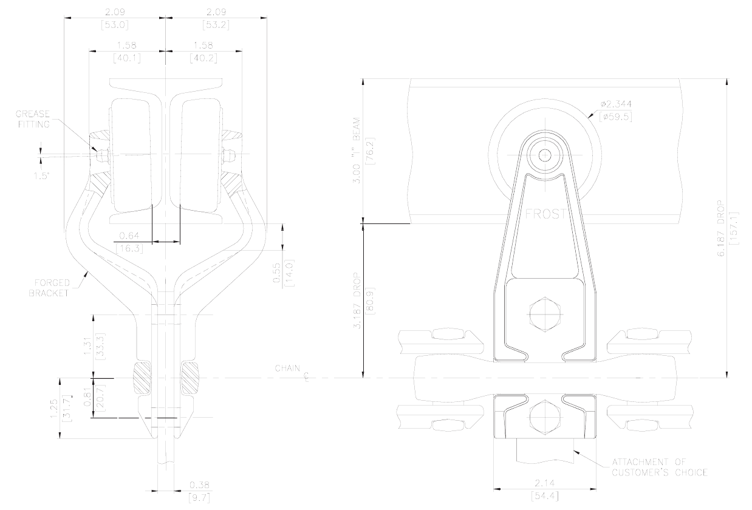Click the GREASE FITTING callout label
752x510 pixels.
[x=33, y=119]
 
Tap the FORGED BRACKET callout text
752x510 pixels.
[x=49, y=288]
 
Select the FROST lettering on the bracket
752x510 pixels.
[x=545, y=214]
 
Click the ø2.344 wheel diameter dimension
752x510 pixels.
[x=616, y=104]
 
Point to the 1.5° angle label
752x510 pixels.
[x=42, y=176]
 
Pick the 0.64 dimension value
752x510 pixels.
[x=129, y=236]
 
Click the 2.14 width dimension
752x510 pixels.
[x=545, y=483]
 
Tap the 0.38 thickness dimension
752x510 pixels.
[x=199, y=485]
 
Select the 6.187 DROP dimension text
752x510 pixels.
[x=721, y=228]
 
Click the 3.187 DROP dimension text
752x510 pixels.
[x=358, y=301]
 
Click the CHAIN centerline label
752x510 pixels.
[x=288, y=369]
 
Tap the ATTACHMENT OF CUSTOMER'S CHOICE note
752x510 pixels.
[x=660, y=467]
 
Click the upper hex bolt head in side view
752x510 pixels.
[x=545, y=314]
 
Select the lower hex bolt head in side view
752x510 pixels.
[x=545, y=417]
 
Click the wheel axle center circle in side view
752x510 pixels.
[x=545, y=155]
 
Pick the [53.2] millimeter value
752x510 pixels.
[x=216, y=25]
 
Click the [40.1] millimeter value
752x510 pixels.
[x=127, y=58]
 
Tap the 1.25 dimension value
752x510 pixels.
[x=54, y=409]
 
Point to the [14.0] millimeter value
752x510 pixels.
[x=289, y=273]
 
